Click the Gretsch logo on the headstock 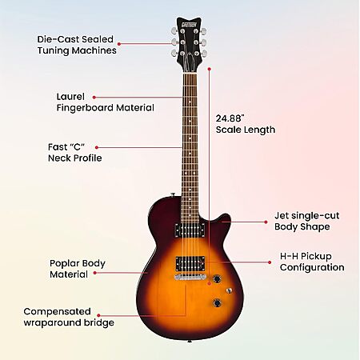point(189,25)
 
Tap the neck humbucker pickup point(190,230)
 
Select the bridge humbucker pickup point(190,263)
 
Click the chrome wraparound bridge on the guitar point(190,277)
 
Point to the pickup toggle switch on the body point(229,290)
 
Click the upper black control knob point(217,279)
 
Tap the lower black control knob point(218,303)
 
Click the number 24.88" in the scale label point(230,118)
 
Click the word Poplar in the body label point(64,263)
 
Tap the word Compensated point(57,311)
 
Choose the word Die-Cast point(58,39)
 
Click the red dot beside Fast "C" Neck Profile point(97,147)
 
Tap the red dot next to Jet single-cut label point(266,222)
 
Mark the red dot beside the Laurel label point(94,98)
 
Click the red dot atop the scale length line point(210,69)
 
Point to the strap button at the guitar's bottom point(190,341)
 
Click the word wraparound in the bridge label point(52,322)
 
